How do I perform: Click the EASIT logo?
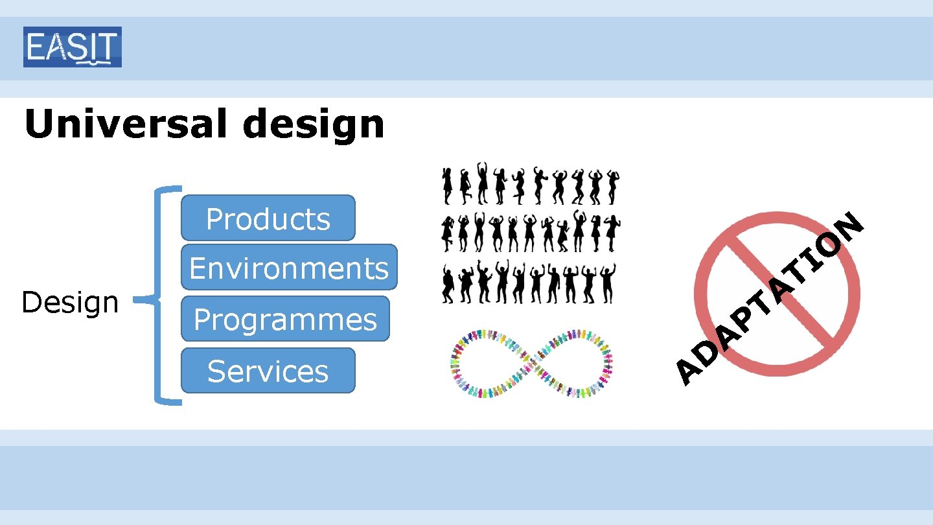point(73,47)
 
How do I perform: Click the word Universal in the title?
point(127,124)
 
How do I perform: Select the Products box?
point(268,218)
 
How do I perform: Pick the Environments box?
point(289,267)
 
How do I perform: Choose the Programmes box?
point(285,319)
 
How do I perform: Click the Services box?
point(268,371)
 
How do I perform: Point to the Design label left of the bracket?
point(70,302)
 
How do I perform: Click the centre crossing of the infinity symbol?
point(531,362)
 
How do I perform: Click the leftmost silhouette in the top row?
point(448,185)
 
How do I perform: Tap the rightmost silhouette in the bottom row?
point(608,283)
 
